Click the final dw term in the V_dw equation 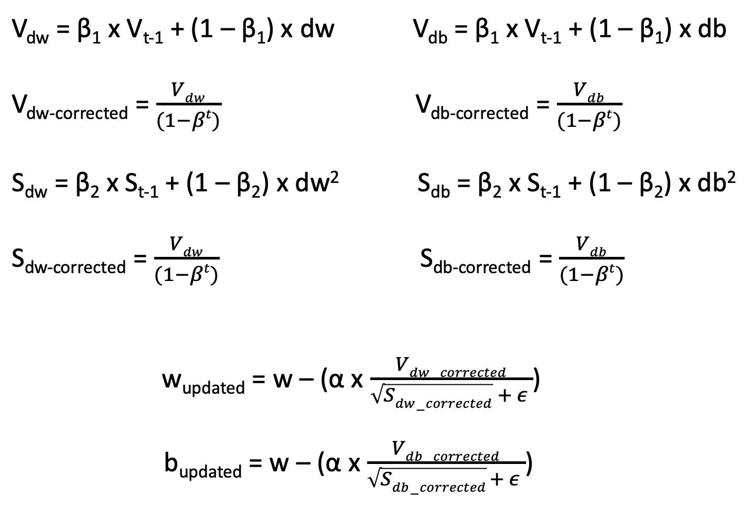click(317, 29)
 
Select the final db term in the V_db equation click(712, 29)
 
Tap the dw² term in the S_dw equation click(317, 185)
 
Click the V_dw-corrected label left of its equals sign click(70, 108)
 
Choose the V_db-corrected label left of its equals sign click(472, 108)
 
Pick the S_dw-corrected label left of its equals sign click(69, 262)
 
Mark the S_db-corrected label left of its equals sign click(475, 262)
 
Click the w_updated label click(203, 382)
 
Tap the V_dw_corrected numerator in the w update click(451, 369)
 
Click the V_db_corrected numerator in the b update click(445, 452)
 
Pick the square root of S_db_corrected click(427, 482)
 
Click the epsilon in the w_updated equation click(521, 397)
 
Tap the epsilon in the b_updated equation click(513, 480)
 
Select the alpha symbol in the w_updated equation click(334, 381)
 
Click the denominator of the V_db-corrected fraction click(589, 121)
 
